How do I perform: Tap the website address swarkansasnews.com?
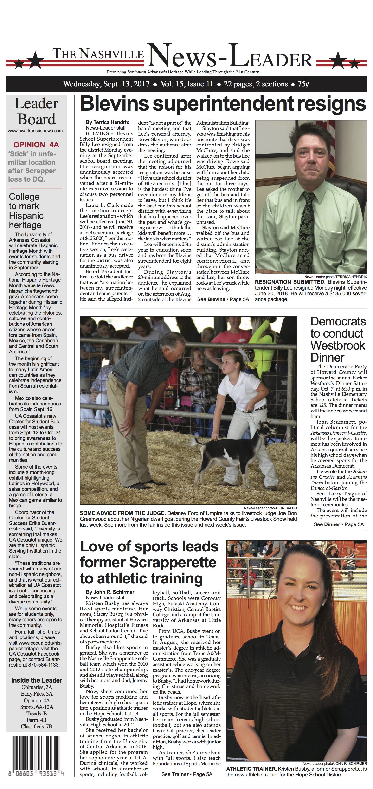pos(35,131)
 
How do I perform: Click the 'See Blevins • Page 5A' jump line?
pos(223,299)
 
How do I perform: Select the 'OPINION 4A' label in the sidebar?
pos(36,145)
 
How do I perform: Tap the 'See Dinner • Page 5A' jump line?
pos(338,524)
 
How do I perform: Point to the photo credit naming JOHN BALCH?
pos(270,508)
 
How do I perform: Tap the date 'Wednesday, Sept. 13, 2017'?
pos(106,84)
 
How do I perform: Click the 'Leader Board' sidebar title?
pos(36,112)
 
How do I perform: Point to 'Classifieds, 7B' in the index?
pos(36,727)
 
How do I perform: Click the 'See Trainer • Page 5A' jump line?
pos(187,774)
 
